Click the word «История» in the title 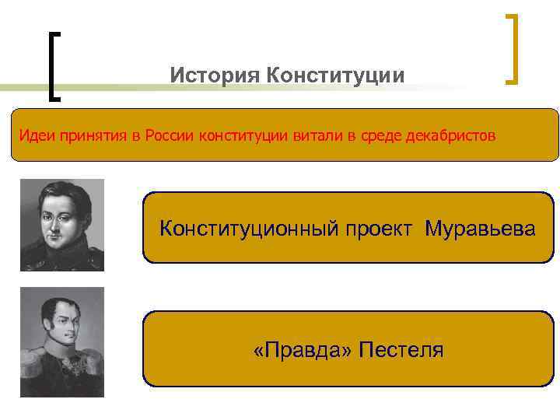coord(214,76)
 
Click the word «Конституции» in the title coord(335,76)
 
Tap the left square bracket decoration coord(54,66)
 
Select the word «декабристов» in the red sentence coord(450,136)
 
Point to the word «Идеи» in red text coord(33,136)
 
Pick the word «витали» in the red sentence coord(317,136)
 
